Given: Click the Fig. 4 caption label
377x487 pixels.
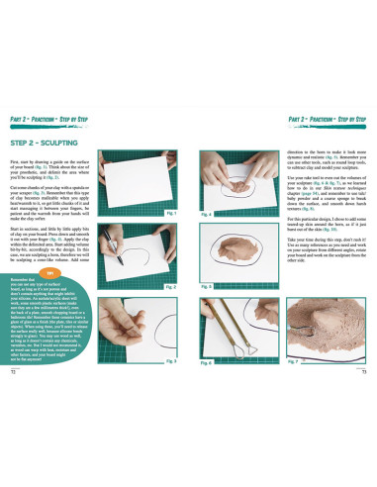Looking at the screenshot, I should point(206,212).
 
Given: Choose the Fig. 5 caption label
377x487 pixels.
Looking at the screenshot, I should point(206,287).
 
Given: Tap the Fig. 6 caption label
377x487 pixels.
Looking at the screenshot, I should point(206,362).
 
